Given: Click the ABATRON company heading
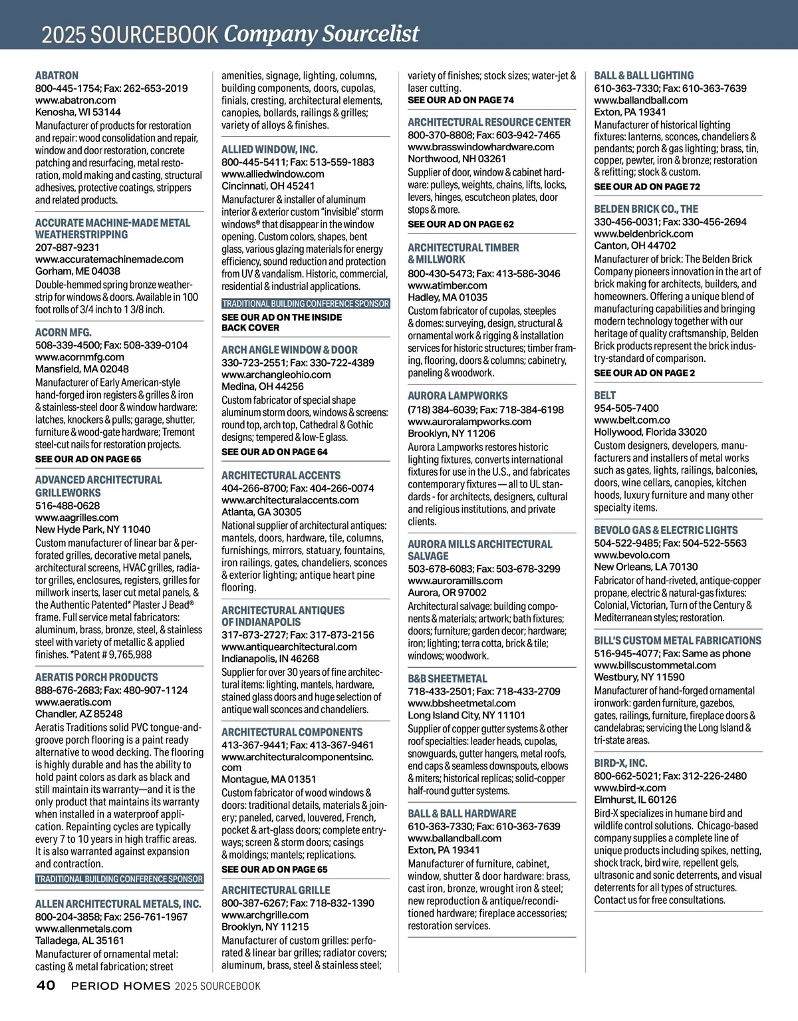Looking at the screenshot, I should click(57, 76).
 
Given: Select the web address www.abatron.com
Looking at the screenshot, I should click(70, 100).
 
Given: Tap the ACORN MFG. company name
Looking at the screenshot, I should click(63, 333).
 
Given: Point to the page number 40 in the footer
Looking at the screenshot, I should click(45, 986).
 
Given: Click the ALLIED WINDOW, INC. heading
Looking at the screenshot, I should click(269, 150).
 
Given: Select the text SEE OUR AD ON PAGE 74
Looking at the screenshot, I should click(460, 100).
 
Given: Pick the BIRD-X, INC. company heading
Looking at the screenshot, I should click(620, 764).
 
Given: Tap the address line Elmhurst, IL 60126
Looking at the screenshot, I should click(635, 800).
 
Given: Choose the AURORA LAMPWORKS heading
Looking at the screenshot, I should click(458, 396).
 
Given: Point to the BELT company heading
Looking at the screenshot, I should click(605, 396).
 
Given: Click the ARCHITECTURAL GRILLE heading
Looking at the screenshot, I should click(275, 891).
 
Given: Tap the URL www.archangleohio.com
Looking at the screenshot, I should click(276, 375).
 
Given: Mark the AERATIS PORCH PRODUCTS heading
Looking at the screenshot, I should click(87, 677).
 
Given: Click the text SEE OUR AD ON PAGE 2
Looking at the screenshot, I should click(644, 373).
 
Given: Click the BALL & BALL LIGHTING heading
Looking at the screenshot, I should click(644, 76).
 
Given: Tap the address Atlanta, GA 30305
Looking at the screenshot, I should click(261, 512).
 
